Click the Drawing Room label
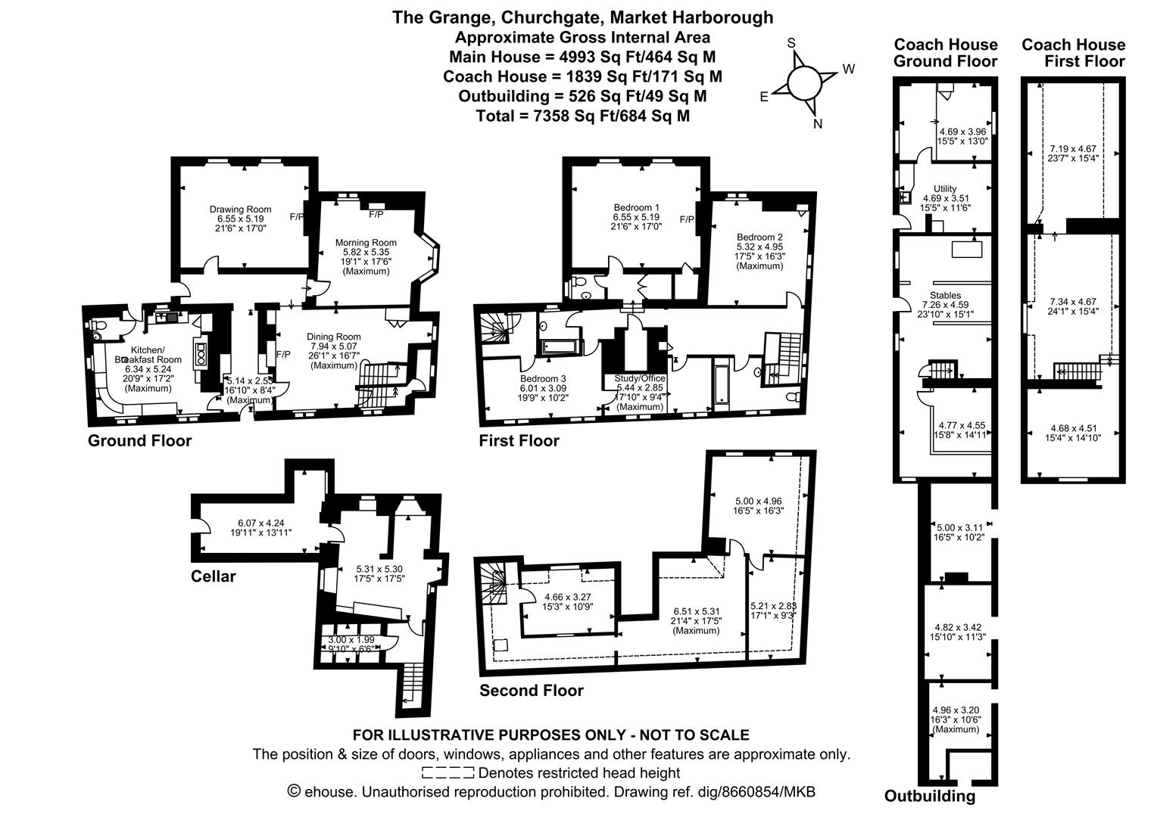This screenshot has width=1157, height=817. [240, 210]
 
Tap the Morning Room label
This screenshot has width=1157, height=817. [366, 243]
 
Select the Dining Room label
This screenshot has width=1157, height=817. [333, 337]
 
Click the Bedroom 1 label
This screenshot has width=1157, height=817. [636, 207]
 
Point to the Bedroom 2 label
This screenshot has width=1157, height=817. [759, 237]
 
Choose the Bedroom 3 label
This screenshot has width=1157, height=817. [543, 378]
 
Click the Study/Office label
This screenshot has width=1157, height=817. [639, 378]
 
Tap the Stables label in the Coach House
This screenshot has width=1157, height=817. [945, 295]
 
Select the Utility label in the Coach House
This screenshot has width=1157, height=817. [945, 189]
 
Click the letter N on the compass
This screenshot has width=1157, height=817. [817, 125]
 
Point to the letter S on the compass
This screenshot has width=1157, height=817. [791, 43]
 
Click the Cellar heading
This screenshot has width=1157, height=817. [213, 576]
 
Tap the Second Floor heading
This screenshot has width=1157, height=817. [532, 690]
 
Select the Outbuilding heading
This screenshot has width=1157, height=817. [930, 796]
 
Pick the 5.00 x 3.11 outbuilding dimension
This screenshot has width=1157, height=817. [960, 527]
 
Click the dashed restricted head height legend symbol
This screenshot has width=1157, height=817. [448, 773]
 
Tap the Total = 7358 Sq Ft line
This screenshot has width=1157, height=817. [582, 116]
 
